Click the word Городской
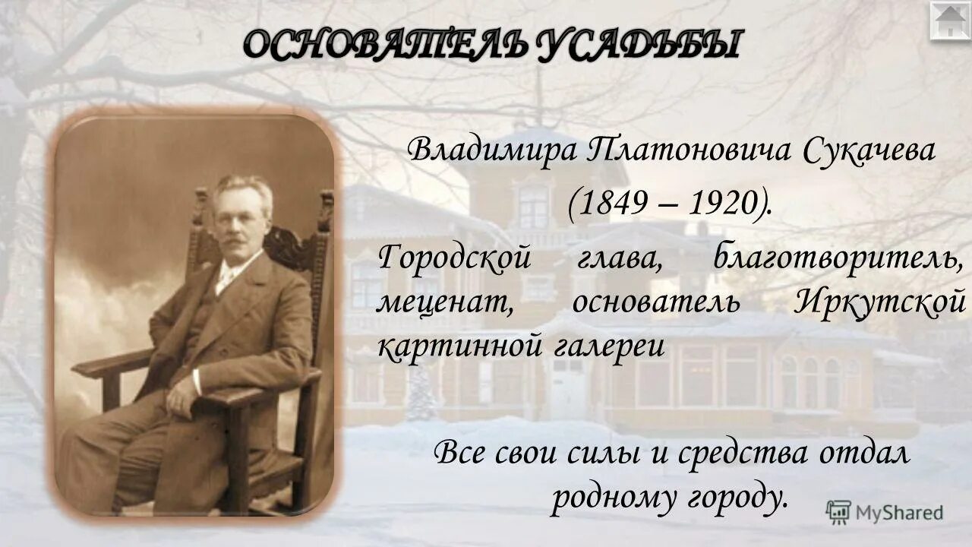tap(453, 258)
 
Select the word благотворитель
tap(838, 258)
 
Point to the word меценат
tap(443, 302)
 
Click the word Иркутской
tap(880, 302)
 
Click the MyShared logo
tap(885, 512)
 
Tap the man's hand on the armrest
tap(182, 394)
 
